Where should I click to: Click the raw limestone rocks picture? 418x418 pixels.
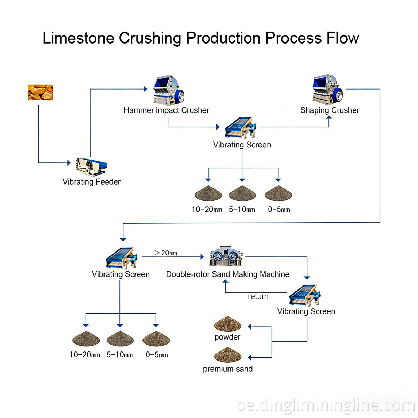pyautogui.click(x=40, y=92)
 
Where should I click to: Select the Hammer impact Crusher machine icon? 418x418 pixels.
pyautogui.click(x=168, y=90)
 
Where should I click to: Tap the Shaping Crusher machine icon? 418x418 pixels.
pyautogui.click(x=327, y=90)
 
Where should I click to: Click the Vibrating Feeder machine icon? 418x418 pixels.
pyautogui.click(x=91, y=167)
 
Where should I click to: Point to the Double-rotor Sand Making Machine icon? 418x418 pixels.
pyautogui.click(x=226, y=257)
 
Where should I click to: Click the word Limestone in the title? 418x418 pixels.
pyautogui.click(x=78, y=38)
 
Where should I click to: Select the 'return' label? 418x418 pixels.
pyautogui.click(x=258, y=296)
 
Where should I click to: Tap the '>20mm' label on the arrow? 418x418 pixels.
pyautogui.click(x=165, y=253)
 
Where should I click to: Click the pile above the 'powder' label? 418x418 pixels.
pyautogui.click(x=227, y=324)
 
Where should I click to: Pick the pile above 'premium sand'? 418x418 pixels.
pyautogui.click(x=227, y=355)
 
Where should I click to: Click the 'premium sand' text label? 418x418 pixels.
pyautogui.click(x=228, y=369)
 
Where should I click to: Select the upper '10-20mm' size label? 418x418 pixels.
pyautogui.click(x=207, y=210)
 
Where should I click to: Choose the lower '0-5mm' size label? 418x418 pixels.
pyautogui.click(x=157, y=355)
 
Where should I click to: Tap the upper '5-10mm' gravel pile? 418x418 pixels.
pyautogui.click(x=242, y=193)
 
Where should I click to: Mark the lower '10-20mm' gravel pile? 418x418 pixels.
pyautogui.click(x=86, y=339)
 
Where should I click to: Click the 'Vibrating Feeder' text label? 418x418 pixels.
pyautogui.click(x=92, y=182)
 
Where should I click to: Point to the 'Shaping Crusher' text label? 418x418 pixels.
pyautogui.click(x=330, y=110)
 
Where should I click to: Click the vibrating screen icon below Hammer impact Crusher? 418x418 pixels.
pyautogui.click(x=241, y=127)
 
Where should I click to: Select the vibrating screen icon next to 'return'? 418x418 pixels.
pyautogui.click(x=305, y=295)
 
